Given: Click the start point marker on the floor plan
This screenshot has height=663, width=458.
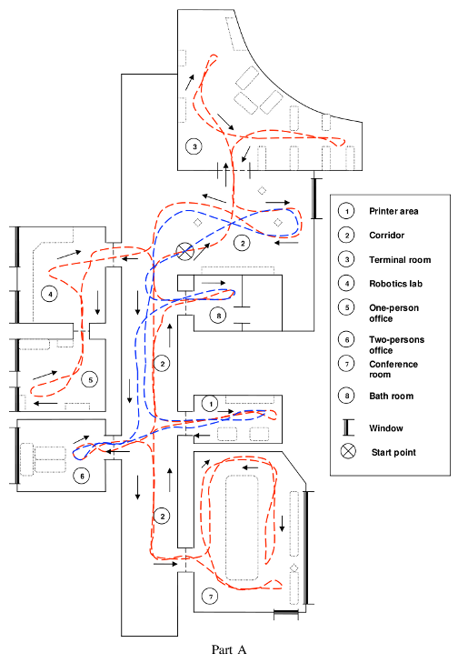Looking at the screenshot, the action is pos(184,252).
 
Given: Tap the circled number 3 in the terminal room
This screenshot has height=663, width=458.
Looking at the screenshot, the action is pos(194,146).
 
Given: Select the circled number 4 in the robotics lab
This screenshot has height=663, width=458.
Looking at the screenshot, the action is pos(50,294).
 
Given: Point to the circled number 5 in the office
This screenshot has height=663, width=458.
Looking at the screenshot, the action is pos(90,379).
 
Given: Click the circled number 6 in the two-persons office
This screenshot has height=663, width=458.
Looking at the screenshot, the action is pos(82,477).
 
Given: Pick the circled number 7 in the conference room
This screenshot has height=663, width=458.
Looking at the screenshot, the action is pos(211,597).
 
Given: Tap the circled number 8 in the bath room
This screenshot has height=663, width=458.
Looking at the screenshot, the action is pos(218,316).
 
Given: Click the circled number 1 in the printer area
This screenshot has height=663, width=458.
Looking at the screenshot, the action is pos(211,404).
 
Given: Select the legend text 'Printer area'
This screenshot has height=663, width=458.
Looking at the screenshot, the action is pos(393,211).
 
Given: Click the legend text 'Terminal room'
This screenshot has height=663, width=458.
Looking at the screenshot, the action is pos(400,259).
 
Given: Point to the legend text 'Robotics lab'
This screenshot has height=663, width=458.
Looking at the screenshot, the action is pos(395,284).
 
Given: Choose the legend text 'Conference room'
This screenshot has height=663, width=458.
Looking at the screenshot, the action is pos(393,369).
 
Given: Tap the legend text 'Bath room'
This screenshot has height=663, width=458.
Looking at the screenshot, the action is pos(392,397).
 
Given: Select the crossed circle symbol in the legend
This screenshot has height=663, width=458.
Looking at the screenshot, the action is pos(348,452).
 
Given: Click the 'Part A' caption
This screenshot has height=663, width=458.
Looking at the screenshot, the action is pos(229,649).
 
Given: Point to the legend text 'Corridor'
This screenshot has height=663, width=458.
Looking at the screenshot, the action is pos(386,235).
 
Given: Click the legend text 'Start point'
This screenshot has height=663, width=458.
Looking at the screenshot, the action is pos(393,452).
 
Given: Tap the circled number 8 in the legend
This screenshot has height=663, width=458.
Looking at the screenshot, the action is pos(346,396).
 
